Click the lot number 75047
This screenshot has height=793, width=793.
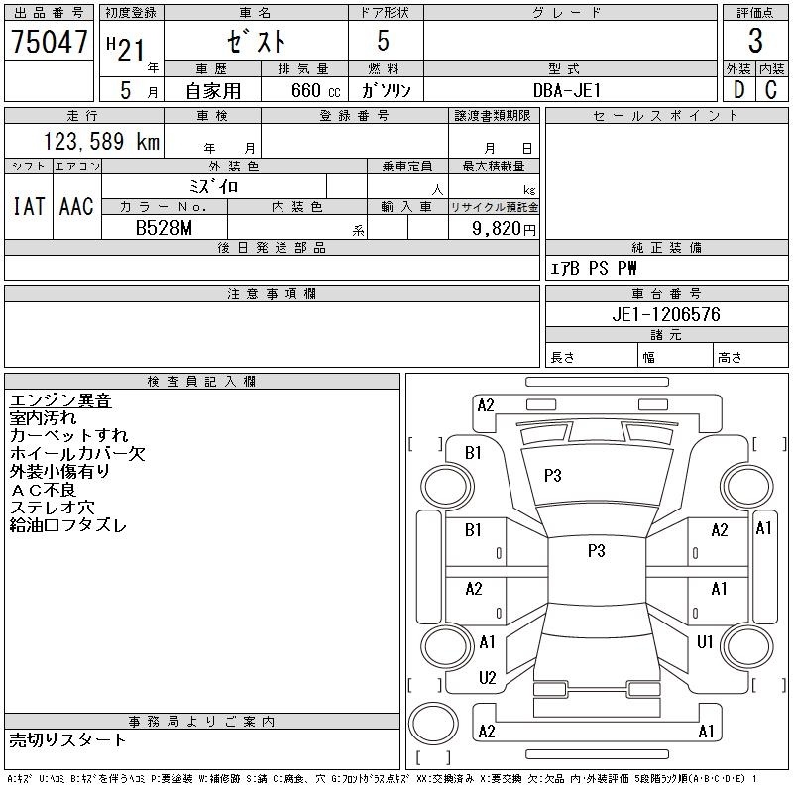[49, 41]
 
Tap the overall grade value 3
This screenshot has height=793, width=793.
[755, 41]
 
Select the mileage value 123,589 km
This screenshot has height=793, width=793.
[101, 141]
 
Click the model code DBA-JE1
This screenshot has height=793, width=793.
[567, 90]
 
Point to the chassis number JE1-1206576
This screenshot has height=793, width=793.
[665, 314]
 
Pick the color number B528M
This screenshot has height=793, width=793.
[164, 228]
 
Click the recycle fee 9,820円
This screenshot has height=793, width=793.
[504, 229]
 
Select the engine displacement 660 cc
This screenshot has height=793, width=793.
[315, 90]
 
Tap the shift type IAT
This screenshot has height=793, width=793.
[29, 207]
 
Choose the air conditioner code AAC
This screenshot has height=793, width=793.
[76, 207]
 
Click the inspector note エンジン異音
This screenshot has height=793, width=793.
[60, 400]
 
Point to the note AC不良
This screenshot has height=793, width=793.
[43, 489]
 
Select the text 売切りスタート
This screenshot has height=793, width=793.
[67, 739]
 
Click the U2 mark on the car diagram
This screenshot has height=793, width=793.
[487, 678]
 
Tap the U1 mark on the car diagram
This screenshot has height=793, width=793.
[705, 642]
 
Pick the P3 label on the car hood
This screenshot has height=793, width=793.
[553, 476]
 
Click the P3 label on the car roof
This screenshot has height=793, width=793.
[597, 551]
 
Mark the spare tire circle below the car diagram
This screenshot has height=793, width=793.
[433, 723]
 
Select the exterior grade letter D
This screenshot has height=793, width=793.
[738, 90]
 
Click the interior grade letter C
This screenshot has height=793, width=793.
[771, 90]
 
